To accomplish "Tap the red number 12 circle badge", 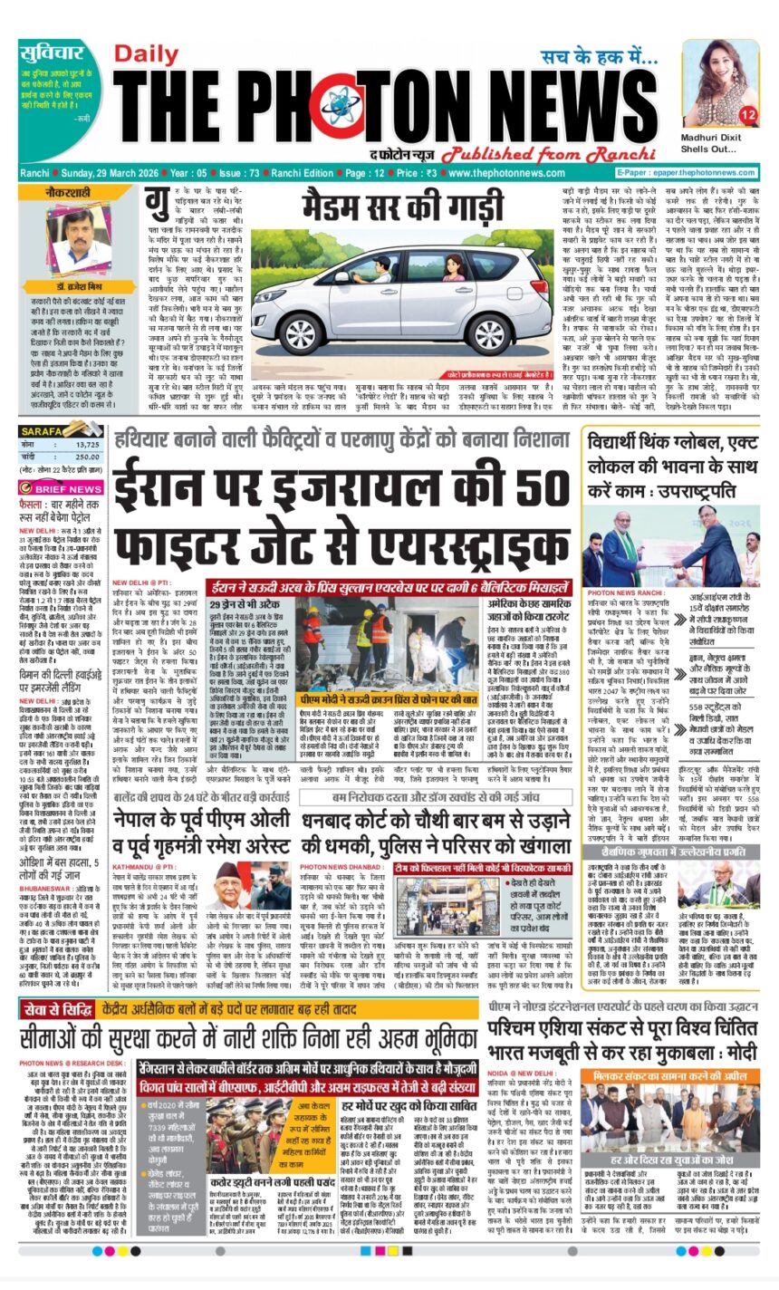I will (747, 115).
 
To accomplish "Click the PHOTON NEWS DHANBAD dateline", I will (336, 842).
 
